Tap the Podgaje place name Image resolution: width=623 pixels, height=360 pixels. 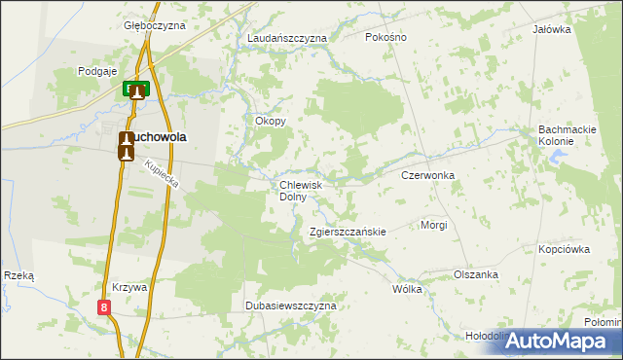click(x=97, y=71)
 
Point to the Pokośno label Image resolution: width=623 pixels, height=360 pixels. click(x=385, y=37)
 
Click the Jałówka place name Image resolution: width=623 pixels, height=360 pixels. click(x=551, y=29)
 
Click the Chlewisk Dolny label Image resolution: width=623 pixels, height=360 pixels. click(x=307, y=190)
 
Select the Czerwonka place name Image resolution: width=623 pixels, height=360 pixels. click(x=428, y=176)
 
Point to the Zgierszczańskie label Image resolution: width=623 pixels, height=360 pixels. click(x=348, y=233)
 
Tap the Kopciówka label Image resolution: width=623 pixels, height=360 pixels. click(x=565, y=249)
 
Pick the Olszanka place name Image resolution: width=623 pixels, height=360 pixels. click(x=476, y=275)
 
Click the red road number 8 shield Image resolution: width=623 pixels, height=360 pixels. click(x=104, y=307)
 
